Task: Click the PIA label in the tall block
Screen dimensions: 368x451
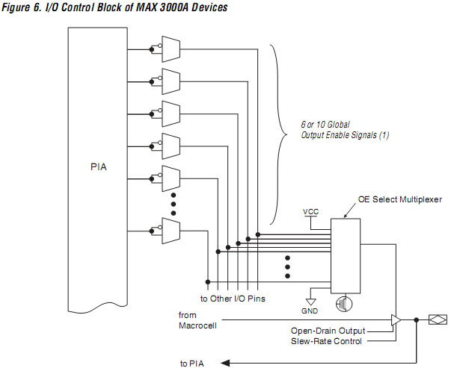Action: pos(98,166)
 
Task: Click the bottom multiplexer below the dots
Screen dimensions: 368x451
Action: pos(171,231)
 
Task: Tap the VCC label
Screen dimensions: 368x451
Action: pos(311,211)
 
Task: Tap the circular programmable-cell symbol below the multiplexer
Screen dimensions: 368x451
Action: pos(343,304)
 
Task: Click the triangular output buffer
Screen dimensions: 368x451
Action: pos(396,320)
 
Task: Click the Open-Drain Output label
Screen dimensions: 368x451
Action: pos(328,331)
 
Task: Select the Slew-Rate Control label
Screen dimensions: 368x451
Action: pos(328,341)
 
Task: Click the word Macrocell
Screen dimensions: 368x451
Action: pos(198,325)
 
